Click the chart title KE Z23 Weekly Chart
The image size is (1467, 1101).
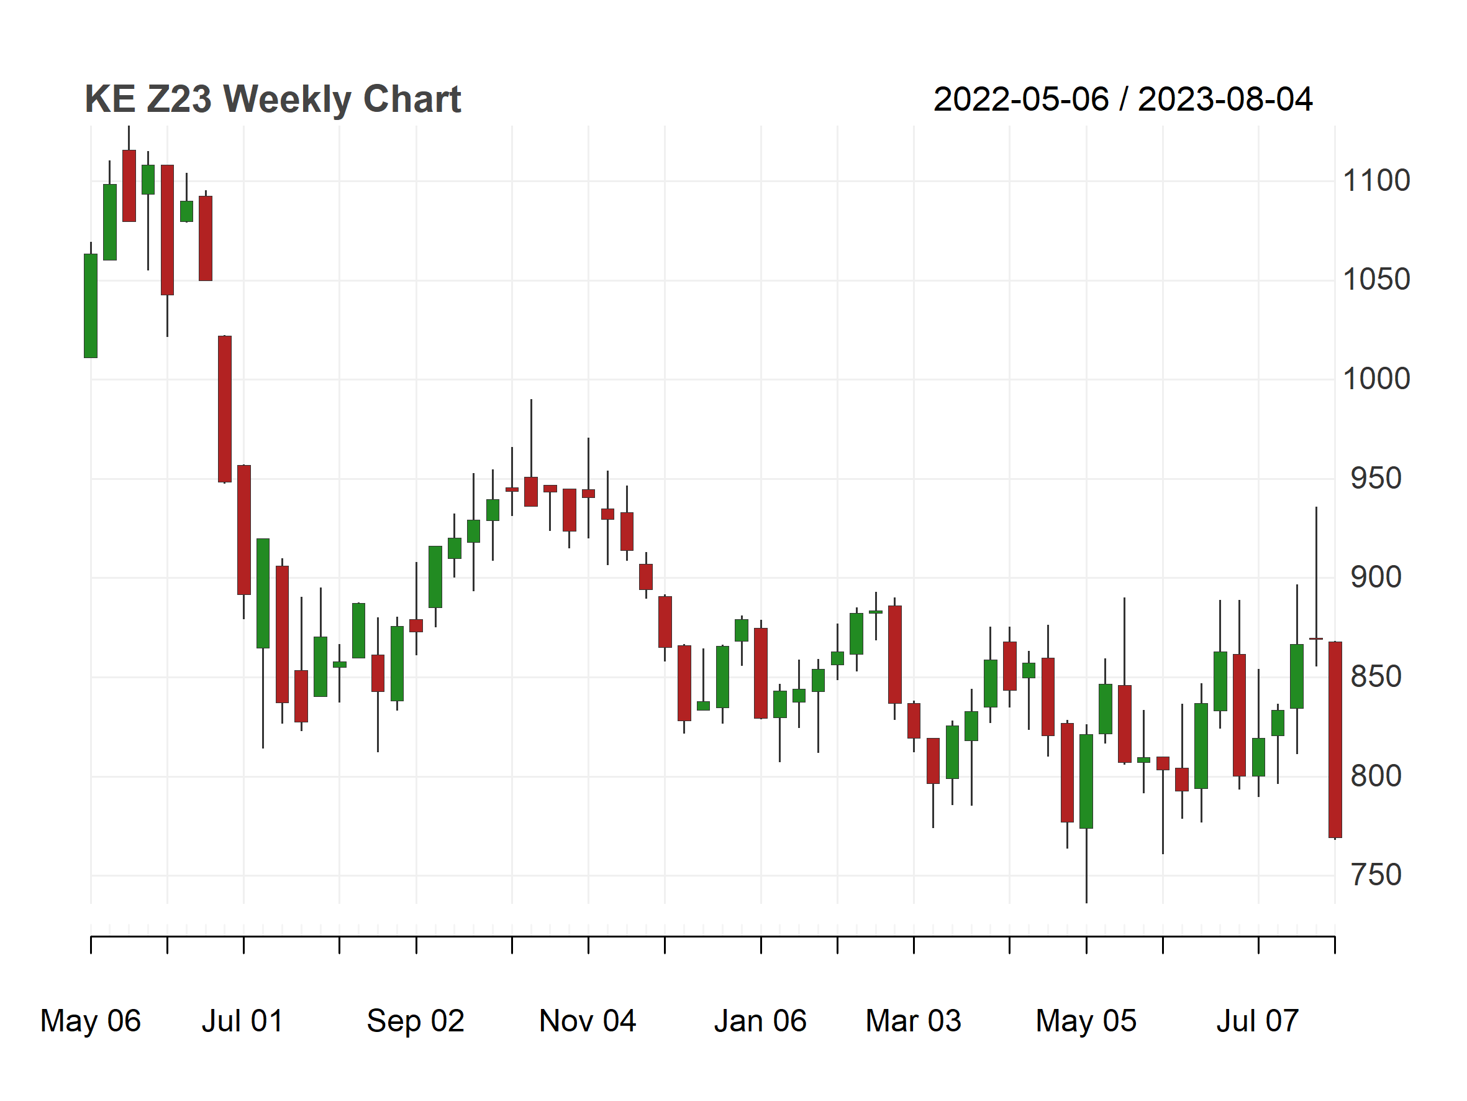pyautogui.click(x=273, y=99)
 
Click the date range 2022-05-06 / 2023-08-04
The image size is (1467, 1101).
pyautogui.click(x=1123, y=99)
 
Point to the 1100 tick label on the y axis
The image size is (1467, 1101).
pyautogui.click(x=1376, y=180)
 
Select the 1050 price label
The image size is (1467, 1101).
pyautogui.click(x=1376, y=279)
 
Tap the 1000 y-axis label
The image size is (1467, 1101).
pyautogui.click(x=1376, y=379)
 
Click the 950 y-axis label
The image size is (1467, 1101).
pyautogui.click(x=1376, y=479)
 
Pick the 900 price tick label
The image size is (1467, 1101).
pyautogui.click(x=1376, y=578)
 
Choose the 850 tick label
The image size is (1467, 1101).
pyautogui.click(x=1376, y=677)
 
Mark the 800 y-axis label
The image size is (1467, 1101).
pyautogui.click(x=1376, y=776)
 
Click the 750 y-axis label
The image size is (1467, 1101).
pyautogui.click(x=1376, y=875)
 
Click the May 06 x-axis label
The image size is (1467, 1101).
pyautogui.click(x=91, y=1021)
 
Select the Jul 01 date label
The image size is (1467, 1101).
pyautogui.click(x=243, y=1021)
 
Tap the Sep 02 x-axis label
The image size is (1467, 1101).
pyautogui.click(x=416, y=1021)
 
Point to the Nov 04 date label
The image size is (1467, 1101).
pyautogui.click(x=588, y=1021)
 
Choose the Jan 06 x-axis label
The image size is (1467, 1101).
pyautogui.click(x=760, y=1021)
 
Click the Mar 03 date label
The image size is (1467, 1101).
pyautogui.click(x=913, y=1021)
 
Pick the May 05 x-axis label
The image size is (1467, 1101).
pyautogui.click(x=1086, y=1021)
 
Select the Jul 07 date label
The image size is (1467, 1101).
pyautogui.click(x=1258, y=1021)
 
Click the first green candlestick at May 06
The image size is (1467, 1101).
pyautogui.click(x=91, y=306)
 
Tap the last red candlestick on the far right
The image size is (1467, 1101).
pyautogui.click(x=1335, y=740)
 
